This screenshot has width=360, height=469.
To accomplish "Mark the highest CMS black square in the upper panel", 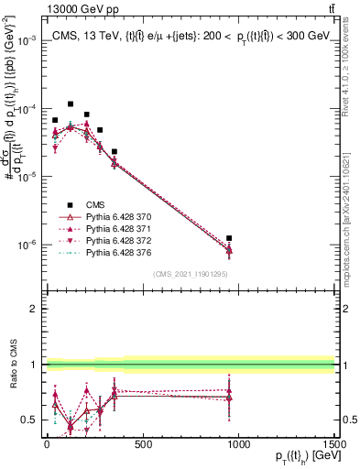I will tap(71, 104).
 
